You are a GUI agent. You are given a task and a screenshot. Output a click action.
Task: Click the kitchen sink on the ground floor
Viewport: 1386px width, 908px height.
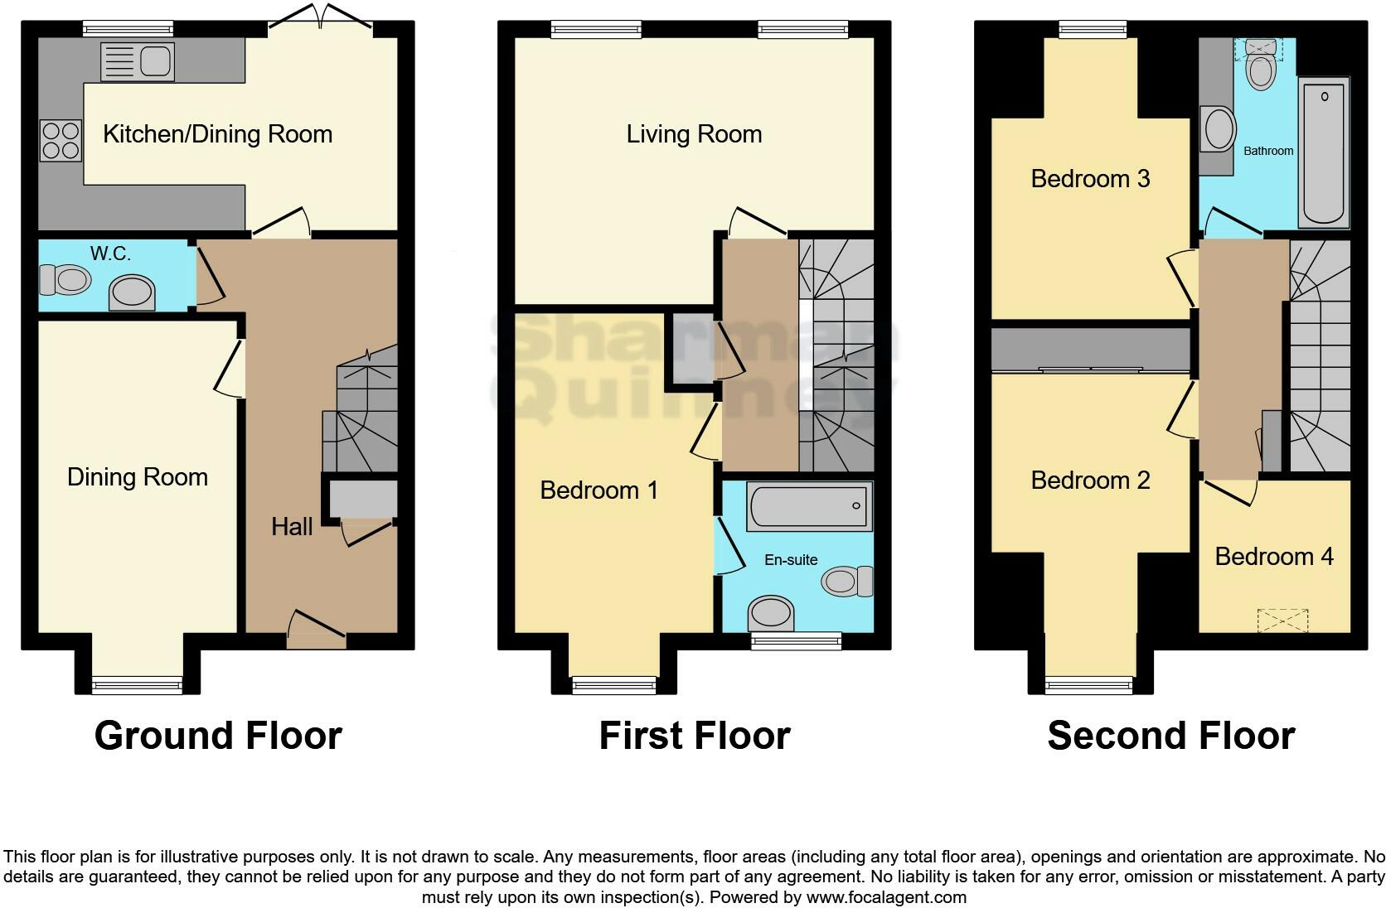pyautogui.click(x=137, y=62)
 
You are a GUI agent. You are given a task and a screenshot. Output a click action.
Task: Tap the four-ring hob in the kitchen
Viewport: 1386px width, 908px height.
pyautogui.click(x=61, y=141)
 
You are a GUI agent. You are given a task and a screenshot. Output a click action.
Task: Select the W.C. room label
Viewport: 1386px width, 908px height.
pyautogui.click(x=110, y=254)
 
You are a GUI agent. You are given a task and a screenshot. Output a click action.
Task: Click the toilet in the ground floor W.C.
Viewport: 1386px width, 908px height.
pyautogui.click(x=65, y=280)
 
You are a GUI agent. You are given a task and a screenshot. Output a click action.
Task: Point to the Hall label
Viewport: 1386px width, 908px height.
pyautogui.click(x=292, y=527)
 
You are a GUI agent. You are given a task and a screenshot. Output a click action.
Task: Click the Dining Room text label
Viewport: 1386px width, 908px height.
pyautogui.click(x=138, y=477)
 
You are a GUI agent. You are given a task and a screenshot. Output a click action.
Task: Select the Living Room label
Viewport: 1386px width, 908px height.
pyautogui.click(x=694, y=134)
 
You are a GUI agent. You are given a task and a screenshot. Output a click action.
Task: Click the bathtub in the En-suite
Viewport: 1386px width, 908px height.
pyautogui.click(x=809, y=506)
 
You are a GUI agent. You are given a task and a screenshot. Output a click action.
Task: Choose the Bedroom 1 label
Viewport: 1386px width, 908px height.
pyautogui.click(x=598, y=490)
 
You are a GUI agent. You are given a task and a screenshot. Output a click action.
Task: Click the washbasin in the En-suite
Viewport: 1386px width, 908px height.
pyautogui.click(x=771, y=615)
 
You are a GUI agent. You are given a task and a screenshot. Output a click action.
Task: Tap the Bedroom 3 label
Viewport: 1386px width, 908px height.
pyautogui.click(x=1090, y=179)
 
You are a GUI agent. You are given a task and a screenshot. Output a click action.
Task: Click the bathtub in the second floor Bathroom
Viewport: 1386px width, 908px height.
pyautogui.click(x=1324, y=152)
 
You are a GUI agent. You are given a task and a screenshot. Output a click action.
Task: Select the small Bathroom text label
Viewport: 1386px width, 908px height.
pyautogui.click(x=1268, y=151)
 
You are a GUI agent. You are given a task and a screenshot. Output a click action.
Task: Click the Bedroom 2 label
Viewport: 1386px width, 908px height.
pyautogui.click(x=1090, y=481)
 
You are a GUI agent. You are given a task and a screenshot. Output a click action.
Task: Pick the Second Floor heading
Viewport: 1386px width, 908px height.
pyautogui.click(x=1170, y=736)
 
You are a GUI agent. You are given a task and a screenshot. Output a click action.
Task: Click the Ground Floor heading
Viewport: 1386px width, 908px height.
pyautogui.click(x=218, y=736)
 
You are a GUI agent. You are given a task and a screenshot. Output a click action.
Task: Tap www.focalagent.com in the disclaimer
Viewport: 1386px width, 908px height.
pyautogui.click(x=886, y=897)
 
